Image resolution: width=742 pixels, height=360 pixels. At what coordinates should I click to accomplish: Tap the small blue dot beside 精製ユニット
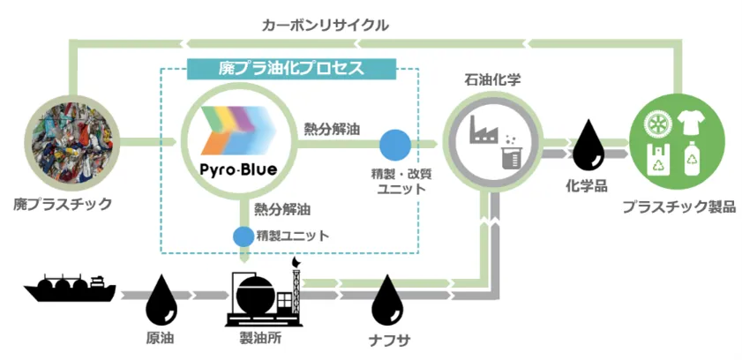click(243, 236)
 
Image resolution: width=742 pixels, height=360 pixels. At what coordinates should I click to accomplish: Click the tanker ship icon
click(71, 288)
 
